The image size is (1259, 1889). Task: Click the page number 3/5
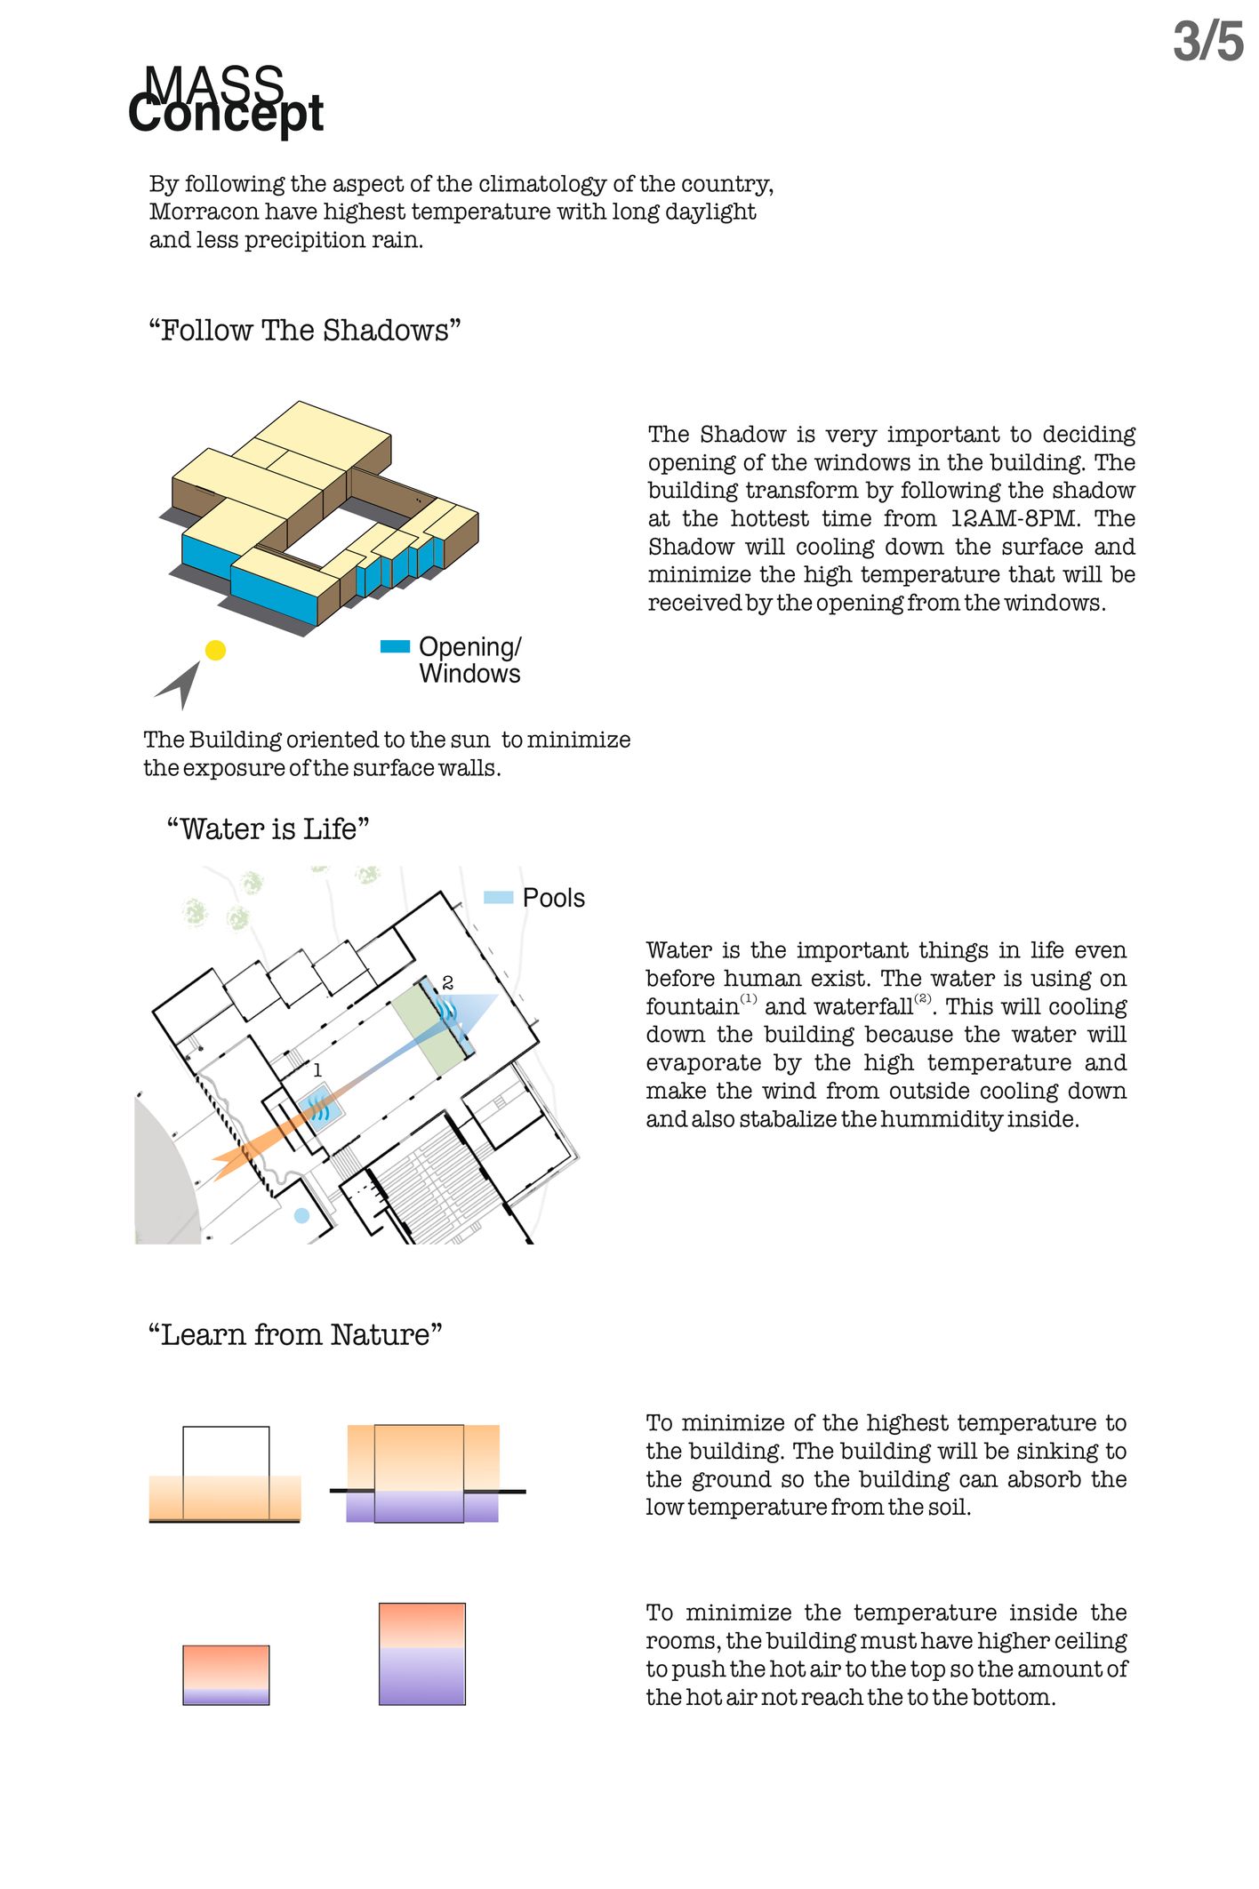point(1207,42)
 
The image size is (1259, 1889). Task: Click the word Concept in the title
point(226,115)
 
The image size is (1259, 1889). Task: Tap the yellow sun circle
point(215,650)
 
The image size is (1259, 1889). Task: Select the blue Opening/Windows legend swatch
point(395,647)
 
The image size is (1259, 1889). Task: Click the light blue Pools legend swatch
point(498,898)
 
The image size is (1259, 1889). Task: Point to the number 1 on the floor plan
point(317,1070)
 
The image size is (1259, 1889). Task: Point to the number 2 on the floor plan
point(447,982)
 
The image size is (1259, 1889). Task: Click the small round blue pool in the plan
point(301,1215)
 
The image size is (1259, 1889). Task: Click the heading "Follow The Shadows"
point(304,331)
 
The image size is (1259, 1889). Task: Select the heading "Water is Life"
point(268,829)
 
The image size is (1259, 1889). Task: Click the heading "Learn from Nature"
point(295,1335)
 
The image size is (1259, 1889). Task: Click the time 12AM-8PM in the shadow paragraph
point(1014,518)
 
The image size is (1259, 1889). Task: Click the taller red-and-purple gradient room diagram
point(421,1653)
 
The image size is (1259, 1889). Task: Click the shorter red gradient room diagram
point(226,1675)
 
